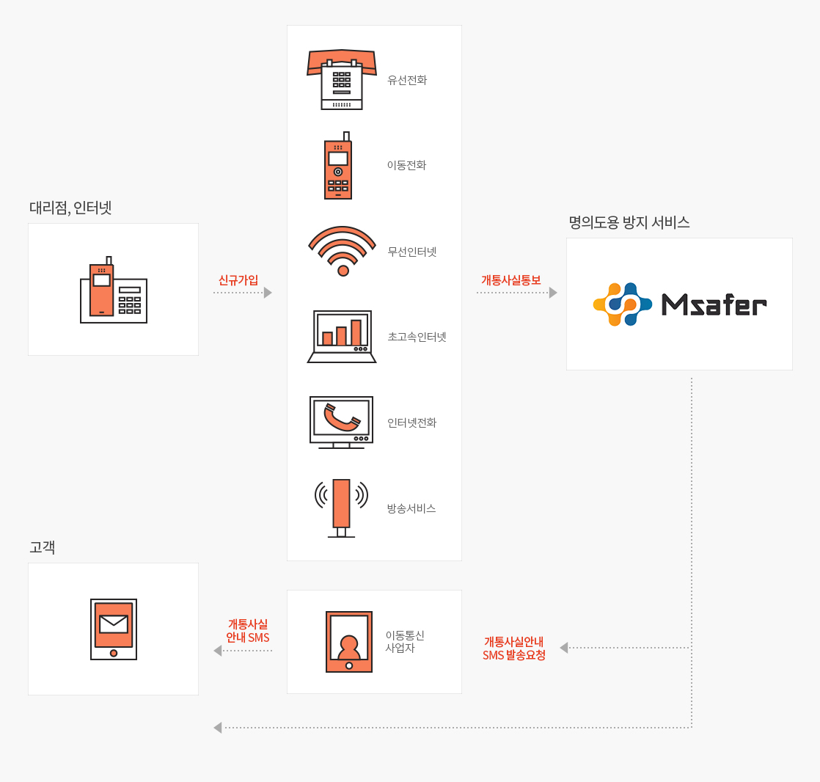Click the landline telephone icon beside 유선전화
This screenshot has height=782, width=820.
coord(342,80)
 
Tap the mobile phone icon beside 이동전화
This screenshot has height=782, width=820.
coord(337,167)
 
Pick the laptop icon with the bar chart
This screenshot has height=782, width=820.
coord(342,337)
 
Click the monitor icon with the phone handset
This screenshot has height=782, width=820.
coord(341,422)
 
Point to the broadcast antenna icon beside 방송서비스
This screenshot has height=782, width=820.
coord(341,508)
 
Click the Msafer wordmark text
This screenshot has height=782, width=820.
coord(714,304)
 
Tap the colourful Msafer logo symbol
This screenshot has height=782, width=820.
coord(622,304)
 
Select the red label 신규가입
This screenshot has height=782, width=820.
coord(238,280)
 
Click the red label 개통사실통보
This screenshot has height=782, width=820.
coord(511,280)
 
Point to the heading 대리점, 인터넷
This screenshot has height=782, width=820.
coord(70,208)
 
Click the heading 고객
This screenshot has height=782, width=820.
coord(43,547)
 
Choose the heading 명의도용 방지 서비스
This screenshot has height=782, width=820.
coord(629,223)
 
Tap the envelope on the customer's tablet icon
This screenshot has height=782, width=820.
coord(114,624)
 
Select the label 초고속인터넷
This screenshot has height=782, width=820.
coord(417,337)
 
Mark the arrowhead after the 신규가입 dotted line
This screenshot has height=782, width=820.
coord(268,293)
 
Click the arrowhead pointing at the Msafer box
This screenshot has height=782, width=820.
coord(553,293)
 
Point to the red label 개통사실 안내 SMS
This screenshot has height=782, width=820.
coord(248,631)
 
